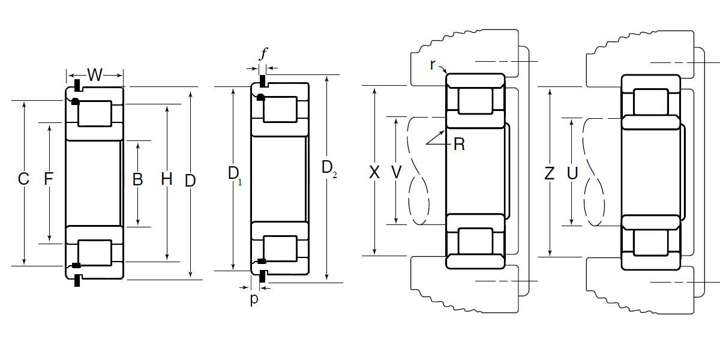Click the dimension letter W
(x=95, y=75)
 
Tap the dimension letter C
(x=23, y=179)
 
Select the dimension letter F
(x=49, y=179)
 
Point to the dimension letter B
(x=137, y=179)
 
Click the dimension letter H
(x=167, y=179)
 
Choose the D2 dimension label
(x=329, y=169)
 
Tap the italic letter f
(x=263, y=53)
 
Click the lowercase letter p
(x=254, y=299)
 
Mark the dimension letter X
(x=374, y=172)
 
